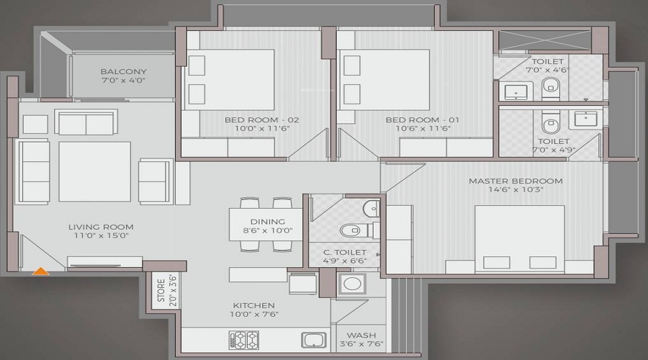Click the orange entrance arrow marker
[41, 271]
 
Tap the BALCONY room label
[124, 72]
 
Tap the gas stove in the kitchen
[243, 339]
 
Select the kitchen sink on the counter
[313, 339]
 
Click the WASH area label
[360, 335]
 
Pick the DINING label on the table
[268, 222]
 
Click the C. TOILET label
[343, 252]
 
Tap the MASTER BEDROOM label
[516, 181]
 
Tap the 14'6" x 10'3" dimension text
[516, 190]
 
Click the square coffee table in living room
[94, 171]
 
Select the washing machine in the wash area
[353, 284]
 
